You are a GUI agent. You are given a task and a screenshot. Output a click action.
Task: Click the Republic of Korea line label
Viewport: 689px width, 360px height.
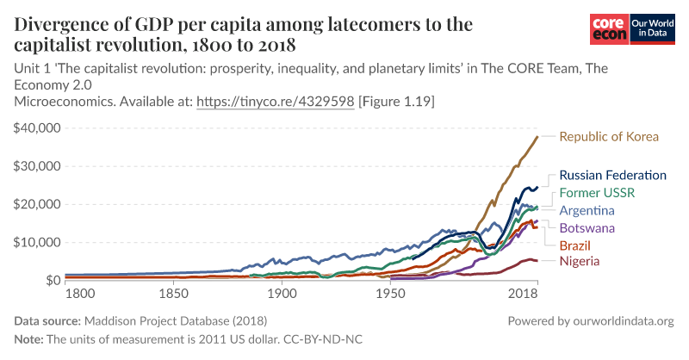609,136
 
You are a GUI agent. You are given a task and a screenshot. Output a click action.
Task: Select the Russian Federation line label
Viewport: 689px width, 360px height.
612,175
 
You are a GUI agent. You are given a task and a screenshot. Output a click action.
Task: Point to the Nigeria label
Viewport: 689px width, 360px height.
581,261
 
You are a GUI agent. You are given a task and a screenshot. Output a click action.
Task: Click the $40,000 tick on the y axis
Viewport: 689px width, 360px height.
37,127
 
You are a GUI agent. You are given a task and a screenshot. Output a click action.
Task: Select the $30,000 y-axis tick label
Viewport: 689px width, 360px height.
37,166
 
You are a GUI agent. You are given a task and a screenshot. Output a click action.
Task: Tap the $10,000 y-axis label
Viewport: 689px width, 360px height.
37,242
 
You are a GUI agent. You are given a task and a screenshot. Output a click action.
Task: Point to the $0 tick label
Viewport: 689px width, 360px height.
51,281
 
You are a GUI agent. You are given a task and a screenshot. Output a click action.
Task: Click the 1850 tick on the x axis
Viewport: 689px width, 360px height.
173,295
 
